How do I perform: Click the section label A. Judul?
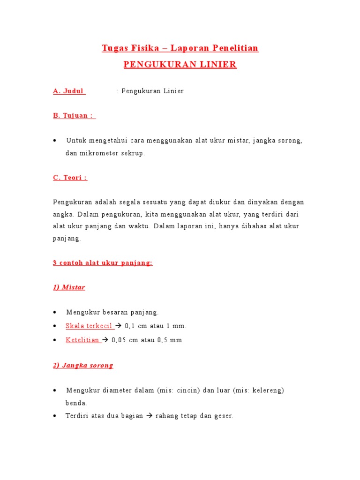(69, 91)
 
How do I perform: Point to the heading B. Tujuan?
(74, 116)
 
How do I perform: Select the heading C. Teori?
(70, 178)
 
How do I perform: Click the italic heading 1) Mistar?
(69, 287)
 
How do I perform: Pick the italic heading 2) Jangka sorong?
(83, 365)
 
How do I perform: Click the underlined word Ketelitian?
(82, 340)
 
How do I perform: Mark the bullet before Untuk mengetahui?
(56, 141)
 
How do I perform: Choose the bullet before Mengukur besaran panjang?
(56, 312)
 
